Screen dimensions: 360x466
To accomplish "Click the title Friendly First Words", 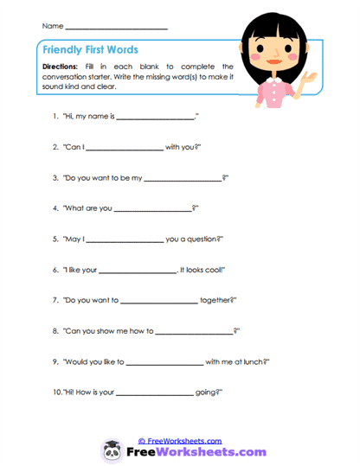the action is pyautogui.click(x=90, y=50).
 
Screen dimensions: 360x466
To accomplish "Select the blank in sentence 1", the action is pyautogui.click(x=155, y=117).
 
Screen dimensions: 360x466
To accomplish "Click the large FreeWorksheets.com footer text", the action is pyautogui.click(x=195, y=451).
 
